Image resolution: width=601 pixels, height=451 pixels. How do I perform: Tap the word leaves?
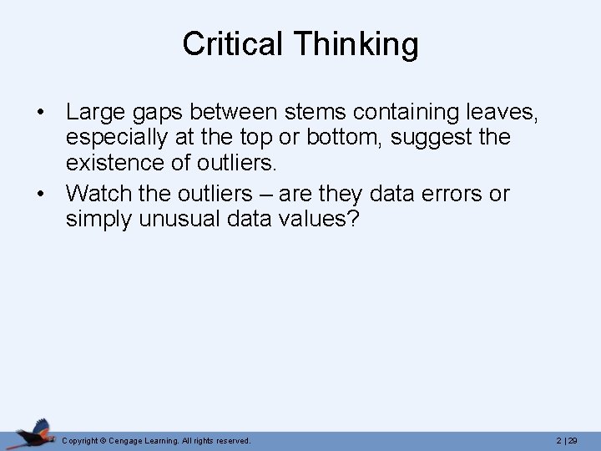502,111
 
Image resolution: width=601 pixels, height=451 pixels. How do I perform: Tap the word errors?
447,194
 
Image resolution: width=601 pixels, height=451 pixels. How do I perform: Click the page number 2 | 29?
567,440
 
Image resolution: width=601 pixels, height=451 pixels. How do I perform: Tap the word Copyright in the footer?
80,440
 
